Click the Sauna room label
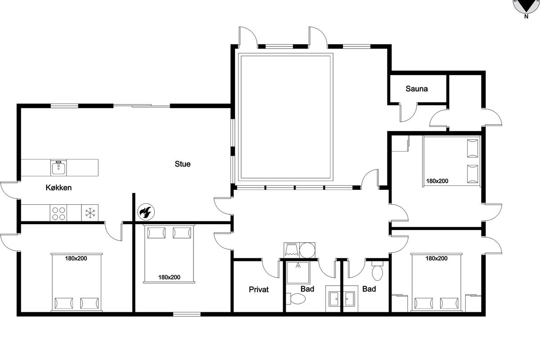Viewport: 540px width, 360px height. point(417,89)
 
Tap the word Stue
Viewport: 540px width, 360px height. point(183,164)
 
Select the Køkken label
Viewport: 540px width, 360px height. point(58,188)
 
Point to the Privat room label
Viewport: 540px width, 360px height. point(259,289)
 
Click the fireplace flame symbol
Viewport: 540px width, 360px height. point(146,212)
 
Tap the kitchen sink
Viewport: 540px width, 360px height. point(58,167)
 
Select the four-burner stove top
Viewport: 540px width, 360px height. point(58,213)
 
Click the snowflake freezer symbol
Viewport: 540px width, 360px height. point(90,213)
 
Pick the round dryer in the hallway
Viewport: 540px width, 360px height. point(307,250)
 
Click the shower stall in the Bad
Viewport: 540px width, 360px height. point(298,272)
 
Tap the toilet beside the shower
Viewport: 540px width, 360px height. point(296,298)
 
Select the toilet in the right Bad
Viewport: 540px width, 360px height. point(378,271)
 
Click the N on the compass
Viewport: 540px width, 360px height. point(526,17)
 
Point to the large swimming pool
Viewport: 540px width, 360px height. point(286,117)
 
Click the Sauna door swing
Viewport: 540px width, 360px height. point(409,112)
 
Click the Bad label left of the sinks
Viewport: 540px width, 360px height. point(307,289)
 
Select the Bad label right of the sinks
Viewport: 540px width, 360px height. point(369,289)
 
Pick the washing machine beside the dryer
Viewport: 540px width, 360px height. point(292,250)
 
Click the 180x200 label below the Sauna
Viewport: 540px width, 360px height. point(437,181)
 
